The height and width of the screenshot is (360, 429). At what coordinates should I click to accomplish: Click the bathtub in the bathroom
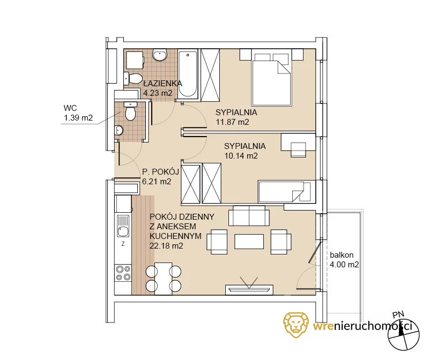point(188,73)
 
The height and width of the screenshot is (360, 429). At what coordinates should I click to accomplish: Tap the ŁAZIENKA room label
point(162,83)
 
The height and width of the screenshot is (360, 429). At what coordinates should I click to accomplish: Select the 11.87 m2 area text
point(233,122)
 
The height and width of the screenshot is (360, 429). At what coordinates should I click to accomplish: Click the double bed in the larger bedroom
point(271,79)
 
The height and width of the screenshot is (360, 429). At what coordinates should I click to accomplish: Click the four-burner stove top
point(123,273)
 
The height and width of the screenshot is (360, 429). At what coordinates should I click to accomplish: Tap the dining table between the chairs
point(164,279)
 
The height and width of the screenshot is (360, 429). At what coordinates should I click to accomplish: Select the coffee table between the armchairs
point(249,242)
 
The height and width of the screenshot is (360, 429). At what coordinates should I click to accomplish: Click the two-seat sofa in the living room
point(249,215)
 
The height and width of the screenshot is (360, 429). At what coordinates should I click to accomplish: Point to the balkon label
point(342,255)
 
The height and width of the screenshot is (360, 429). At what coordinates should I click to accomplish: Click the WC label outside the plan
point(70,108)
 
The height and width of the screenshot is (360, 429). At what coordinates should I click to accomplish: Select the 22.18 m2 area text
point(166,246)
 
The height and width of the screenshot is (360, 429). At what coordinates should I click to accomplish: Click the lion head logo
point(296,325)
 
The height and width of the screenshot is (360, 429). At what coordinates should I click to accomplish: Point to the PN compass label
point(398,314)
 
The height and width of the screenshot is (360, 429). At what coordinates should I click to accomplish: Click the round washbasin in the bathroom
point(160,55)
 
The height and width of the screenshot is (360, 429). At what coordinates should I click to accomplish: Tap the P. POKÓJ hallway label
point(160,171)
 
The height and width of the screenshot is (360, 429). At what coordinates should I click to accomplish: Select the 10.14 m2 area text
point(241,156)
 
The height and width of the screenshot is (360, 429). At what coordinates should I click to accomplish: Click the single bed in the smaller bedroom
point(285,192)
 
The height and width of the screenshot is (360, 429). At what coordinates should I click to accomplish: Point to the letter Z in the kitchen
point(123,244)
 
